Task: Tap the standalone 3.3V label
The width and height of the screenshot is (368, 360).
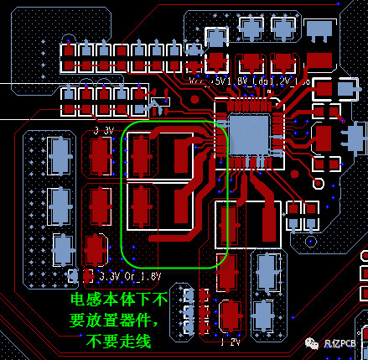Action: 104,131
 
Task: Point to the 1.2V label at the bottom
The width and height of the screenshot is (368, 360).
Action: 231,342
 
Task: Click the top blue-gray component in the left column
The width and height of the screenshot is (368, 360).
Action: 60,155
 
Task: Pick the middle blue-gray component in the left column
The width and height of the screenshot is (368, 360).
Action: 60,202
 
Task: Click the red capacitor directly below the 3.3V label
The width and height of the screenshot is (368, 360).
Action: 101,154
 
